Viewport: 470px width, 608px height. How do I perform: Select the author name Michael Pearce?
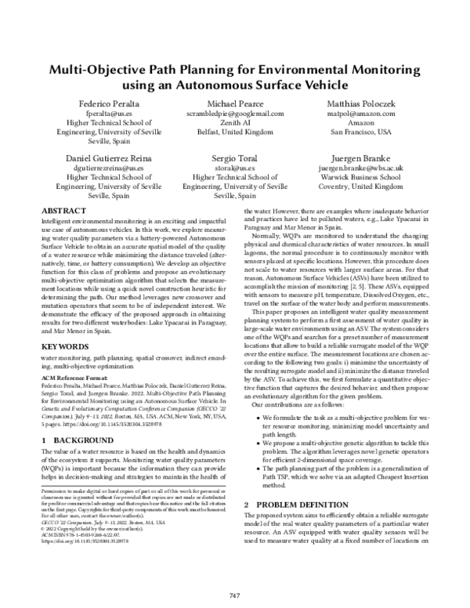click(234, 103)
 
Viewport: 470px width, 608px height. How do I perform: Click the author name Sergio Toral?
click(234, 157)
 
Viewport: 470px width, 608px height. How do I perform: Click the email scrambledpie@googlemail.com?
click(234, 114)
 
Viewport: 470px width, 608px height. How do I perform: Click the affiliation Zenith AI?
click(234, 123)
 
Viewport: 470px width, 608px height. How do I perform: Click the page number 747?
click(234, 595)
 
